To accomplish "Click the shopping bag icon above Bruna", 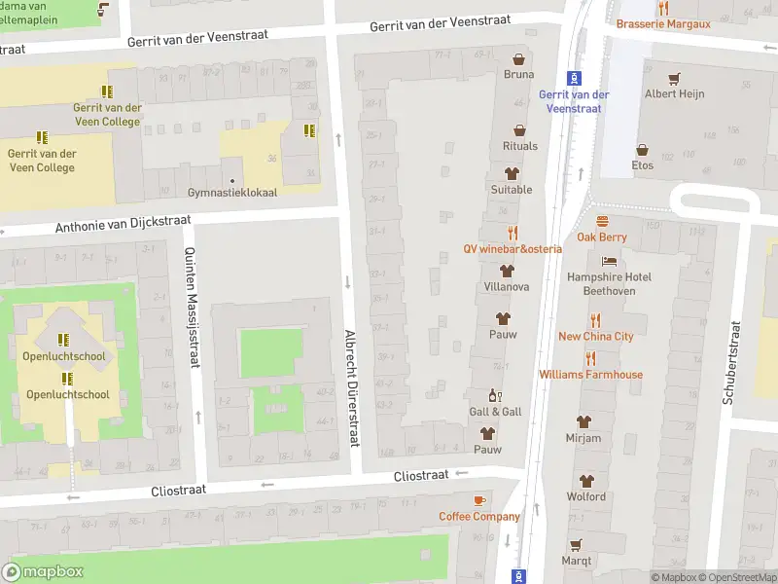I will (x=518, y=58).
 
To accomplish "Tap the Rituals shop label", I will (x=519, y=146).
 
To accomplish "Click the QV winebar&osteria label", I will (x=513, y=248).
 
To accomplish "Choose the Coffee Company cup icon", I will (x=478, y=500).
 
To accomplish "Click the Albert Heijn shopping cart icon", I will (x=674, y=78).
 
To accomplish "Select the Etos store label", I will (x=642, y=164).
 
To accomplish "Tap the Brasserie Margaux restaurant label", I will (x=663, y=23).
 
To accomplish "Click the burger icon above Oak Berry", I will (x=601, y=221).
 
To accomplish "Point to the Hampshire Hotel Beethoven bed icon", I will (x=609, y=261).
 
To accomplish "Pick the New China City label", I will (x=595, y=337).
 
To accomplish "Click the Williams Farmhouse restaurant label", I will (x=590, y=374).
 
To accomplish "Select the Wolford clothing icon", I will (x=585, y=481).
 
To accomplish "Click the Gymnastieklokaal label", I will (x=232, y=192).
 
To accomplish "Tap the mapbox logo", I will (x=43, y=571).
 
